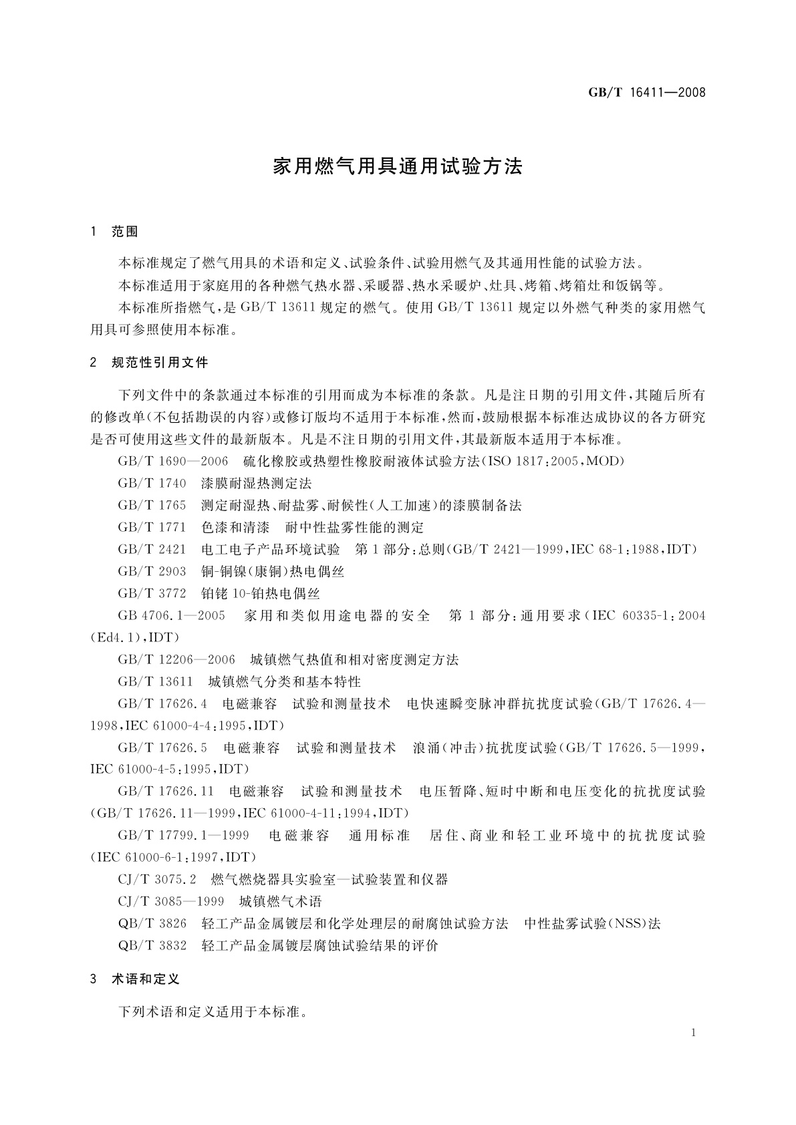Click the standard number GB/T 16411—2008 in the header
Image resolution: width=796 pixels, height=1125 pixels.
[x=646, y=92]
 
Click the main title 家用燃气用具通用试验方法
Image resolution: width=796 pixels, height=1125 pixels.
[x=398, y=166]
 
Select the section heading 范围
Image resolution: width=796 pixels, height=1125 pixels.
[x=125, y=232]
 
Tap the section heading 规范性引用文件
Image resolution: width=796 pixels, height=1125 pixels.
[x=160, y=363]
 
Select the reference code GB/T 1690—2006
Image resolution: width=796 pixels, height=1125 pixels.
[x=173, y=461]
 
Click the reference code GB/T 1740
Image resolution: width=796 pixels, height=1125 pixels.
[x=152, y=483]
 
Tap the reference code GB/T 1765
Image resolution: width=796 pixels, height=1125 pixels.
[x=152, y=505]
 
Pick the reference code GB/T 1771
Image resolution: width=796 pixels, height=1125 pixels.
[x=152, y=527]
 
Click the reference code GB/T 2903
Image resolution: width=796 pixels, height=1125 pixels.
[x=152, y=571]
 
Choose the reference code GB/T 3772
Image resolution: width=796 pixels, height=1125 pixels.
[x=152, y=593]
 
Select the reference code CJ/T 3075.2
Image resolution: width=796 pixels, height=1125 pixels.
[x=157, y=880]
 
